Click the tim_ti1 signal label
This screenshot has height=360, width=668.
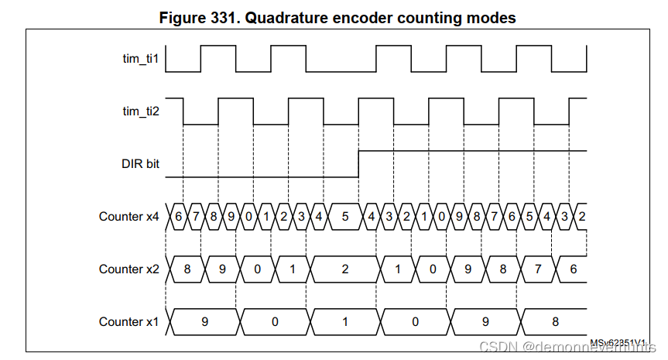[x=141, y=59]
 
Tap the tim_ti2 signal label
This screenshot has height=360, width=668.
[x=141, y=111]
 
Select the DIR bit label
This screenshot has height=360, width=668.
[x=140, y=164]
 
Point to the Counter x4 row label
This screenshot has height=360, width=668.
[x=128, y=216]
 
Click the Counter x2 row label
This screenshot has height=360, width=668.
[x=128, y=269]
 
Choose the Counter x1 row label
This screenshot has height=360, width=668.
[x=128, y=321]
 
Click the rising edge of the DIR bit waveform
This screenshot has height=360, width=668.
[x=358, y=163]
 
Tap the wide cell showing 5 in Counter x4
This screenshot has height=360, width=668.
[x=345, y=216]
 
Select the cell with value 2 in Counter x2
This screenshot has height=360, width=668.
[x=345, y=269]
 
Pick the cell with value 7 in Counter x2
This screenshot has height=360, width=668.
[x=539, y=269]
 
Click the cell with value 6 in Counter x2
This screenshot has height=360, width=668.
[x=574, y=269]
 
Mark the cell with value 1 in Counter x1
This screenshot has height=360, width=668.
[x=345, y=321]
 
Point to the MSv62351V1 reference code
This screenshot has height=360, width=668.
[x=619, y=341]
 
